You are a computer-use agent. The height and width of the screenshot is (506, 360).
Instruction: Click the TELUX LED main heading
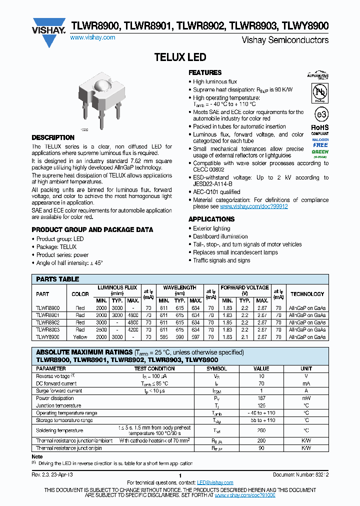(x=180, y=57)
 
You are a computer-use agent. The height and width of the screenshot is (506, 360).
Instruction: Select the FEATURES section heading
(x=205, y=72)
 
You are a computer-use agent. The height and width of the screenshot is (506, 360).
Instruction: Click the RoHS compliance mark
(x=320, y=128)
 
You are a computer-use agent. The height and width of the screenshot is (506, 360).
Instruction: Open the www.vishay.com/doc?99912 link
(x=253, y=206)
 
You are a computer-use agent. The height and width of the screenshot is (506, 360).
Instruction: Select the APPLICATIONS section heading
(x=211, y=219)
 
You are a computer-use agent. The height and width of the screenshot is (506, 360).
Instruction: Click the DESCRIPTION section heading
(x=53, y=137)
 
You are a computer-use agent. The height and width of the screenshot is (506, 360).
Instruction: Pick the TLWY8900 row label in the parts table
(x=48, y=337)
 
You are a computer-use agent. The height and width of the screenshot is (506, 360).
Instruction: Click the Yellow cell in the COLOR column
(x=80, y=337)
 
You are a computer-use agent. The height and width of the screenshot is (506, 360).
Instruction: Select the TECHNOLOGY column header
(x=307, y=294)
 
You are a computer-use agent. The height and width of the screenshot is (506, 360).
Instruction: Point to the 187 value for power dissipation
(x=261, y=398)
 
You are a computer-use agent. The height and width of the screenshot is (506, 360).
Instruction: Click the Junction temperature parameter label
(x=58, y=405)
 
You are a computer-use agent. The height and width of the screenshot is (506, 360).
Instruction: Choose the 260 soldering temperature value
(x=261, y=430)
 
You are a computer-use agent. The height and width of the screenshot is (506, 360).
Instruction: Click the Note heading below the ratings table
(x=37, y=456)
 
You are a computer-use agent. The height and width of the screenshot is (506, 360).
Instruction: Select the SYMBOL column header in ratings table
(x=216, y=368)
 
